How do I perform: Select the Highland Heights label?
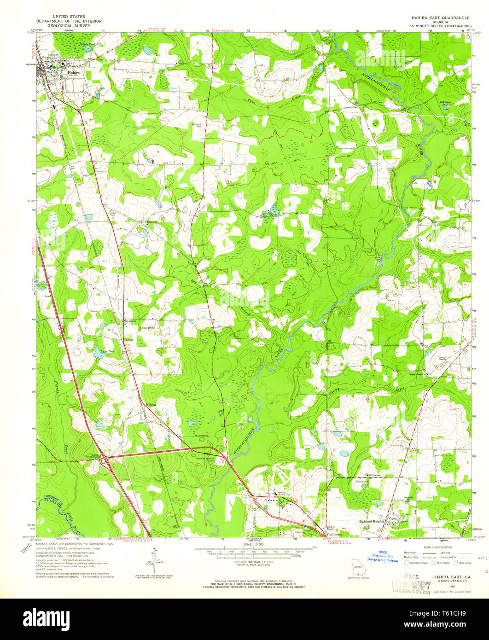pos(371,521)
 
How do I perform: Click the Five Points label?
pos(330,534)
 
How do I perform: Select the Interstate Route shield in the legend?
pos(407,563)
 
